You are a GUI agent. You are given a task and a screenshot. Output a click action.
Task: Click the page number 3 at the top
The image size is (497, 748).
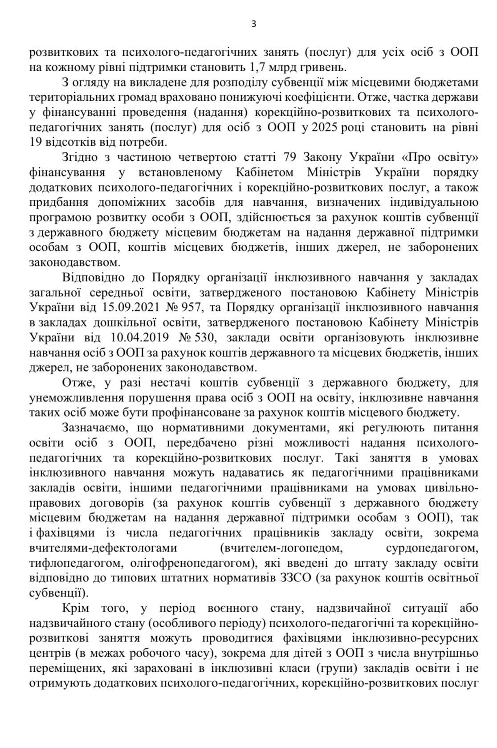(x=254, y=24)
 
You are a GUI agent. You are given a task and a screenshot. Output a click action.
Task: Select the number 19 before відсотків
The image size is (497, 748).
(x=37, y=143)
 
